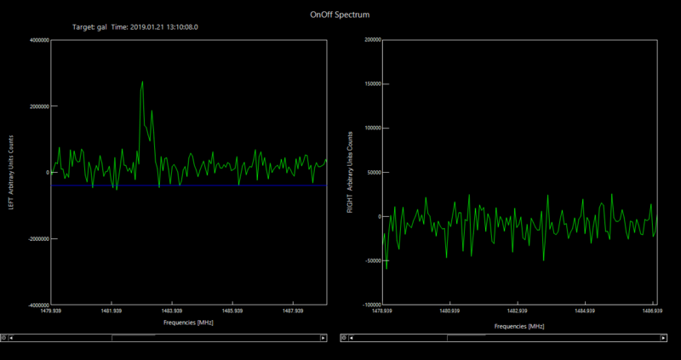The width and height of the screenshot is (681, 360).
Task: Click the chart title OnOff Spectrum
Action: click(340, 14)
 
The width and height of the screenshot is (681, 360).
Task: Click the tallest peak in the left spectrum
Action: click(142, 83)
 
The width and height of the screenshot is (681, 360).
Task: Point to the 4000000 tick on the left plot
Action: click(37, 40)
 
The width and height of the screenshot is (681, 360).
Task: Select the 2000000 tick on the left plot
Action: click(37, 106)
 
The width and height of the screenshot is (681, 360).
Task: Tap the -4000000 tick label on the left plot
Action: click(36, 305)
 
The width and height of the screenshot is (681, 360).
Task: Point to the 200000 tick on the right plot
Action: click(369, 40)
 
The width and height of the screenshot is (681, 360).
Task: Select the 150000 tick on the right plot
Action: click(369, 84)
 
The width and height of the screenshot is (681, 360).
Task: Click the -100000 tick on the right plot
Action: click(369, 305)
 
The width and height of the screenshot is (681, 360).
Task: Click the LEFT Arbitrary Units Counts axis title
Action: click(11, 172)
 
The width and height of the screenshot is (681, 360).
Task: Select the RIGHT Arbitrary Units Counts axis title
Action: click(350, 172)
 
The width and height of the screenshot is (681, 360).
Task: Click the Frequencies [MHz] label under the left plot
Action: click(187, 323)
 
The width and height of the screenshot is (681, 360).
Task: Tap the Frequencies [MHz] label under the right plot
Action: click(518, 326)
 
